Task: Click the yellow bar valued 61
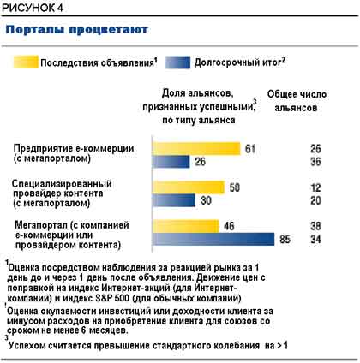click(x=196, y=148)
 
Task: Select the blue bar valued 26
click(x=171, y=162)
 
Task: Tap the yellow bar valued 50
click(x=189, y=187)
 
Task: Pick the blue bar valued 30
click(x=174, y=200)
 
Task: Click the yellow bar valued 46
click(x=185, y=226)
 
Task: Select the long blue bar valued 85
click(x=213, y=239)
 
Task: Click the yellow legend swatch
click(x=26, y=62)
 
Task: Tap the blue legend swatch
click(x=177, y=62)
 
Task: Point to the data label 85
click(x=285, y=239)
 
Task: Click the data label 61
click(x=250, y=149)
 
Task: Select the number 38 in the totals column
click(x=315, y=226)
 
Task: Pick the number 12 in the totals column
click(x=315, y=187)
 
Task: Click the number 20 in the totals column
click(x=315, y=200)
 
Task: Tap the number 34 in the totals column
click(x=315, y=239)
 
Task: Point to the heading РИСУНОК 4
click(x=33, y=8)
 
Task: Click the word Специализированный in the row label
click(x=62, y=184)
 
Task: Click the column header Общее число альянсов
click(x=297, y=101)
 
